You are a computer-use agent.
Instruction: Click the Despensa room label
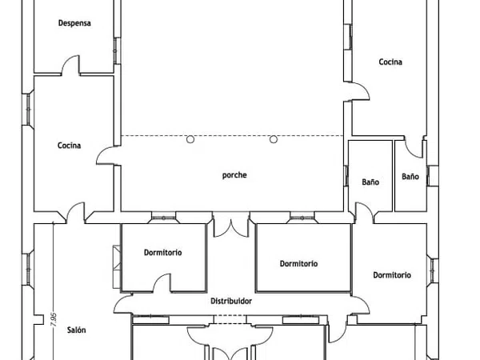[x=74, y=23]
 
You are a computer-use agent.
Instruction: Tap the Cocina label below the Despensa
[x=69, y=146]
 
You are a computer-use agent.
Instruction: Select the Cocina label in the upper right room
[x=390, y=62]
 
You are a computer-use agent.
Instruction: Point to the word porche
[x=234, y=175]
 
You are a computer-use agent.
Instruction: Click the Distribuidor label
[x=231, y=302]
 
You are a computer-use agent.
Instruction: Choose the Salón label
[x=76, y=330]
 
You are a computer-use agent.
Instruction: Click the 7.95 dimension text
[x=54, y=319]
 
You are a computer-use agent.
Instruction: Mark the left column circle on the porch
[x=190, y=139]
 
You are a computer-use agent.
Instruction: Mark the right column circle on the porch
[x=274, y=139]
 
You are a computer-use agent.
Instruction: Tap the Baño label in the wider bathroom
[x=370, y=182]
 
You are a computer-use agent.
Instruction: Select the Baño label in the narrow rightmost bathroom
[x=410, y=177]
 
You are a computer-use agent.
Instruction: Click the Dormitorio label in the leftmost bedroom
[x=163, y=253]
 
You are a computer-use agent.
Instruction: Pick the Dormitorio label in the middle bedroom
[x=298, y=263]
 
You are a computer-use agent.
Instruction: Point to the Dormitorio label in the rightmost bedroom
[x=392, y=275]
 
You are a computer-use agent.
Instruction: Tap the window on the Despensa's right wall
[x=118, y=51]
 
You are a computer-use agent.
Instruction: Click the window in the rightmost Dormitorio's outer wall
[x=433, y=270]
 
